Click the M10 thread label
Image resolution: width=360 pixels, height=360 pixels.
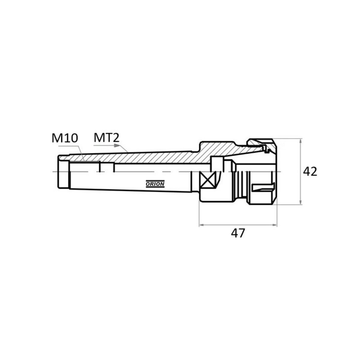tap(64, 138)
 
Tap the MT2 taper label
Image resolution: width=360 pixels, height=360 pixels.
tap(106, 138)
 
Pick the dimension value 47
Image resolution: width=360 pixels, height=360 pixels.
tap(238, 233)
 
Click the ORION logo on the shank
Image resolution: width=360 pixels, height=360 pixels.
tap(155, 184)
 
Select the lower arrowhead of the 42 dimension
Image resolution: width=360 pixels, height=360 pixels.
tap(300, 202)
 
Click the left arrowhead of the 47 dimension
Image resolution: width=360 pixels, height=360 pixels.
tap(202, 225)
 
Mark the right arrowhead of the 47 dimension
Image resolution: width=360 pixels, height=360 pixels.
tap(274, 225)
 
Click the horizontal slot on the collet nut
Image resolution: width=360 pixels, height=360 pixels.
tap(263, 187)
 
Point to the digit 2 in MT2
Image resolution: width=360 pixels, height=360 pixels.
tap(116, 138)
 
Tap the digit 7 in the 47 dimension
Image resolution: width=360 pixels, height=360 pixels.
tap(241, 233)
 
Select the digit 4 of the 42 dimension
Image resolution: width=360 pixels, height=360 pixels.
tap(307, 172)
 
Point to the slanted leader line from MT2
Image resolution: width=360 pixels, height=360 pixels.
tap(124, 148)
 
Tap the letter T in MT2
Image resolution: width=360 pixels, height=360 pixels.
tap(109, 138)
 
